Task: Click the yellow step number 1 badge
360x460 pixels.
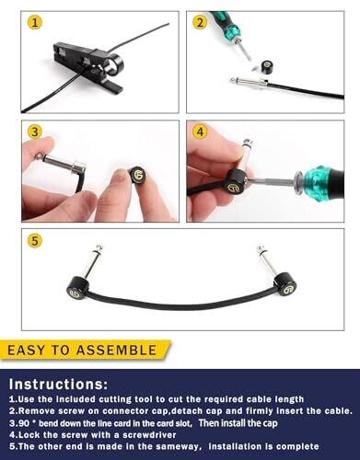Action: tap(35, 23)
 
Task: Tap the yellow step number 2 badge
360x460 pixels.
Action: tap(200, 23)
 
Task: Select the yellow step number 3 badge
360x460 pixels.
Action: tap(35, 132)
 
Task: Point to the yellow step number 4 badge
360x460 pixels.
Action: tap(200, 132)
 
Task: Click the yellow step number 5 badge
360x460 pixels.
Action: tap(35, 240)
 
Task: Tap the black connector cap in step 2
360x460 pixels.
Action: tap(266, 67)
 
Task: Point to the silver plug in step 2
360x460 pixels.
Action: tap(250, 82)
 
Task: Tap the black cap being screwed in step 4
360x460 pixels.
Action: tap(237, 182)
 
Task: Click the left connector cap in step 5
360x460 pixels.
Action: tap(77, 287)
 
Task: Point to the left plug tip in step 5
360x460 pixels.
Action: tap(99, 247)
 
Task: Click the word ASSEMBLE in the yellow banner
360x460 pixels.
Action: tap(117, 351)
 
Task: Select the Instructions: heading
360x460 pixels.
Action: tap(59, 384)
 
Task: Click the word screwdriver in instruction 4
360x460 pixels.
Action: tap(149, 435)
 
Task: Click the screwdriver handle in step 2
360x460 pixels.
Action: tap(226, 25)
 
